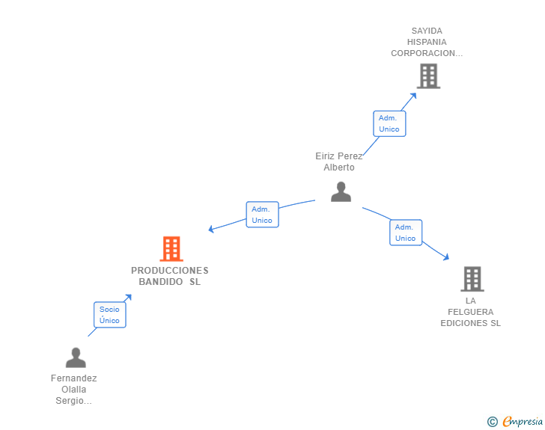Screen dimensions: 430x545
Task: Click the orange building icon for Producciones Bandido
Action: coord(171,249)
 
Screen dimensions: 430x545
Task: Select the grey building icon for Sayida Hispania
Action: coord(428,76)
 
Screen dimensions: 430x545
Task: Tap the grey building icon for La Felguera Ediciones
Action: coord(472,279)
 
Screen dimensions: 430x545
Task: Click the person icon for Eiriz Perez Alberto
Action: coord(341,192)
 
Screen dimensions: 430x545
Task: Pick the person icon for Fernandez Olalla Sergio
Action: coord(76,358)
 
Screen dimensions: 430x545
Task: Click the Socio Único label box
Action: coord(109,315)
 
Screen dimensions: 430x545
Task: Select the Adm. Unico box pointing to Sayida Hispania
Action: coord(389,123)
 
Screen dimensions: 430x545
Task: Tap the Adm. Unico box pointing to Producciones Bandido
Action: coord(262,215)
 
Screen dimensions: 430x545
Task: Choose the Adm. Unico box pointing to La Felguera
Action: coord(405,233)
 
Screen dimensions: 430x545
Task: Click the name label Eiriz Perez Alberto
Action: coord(339,162)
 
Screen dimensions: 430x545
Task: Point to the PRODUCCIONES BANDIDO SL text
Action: coord(170,276)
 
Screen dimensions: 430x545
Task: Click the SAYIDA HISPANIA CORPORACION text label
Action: coord(427,42)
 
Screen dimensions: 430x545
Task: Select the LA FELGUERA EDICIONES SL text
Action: coord(470,312)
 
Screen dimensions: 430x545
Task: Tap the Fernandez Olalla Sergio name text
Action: coord(74,389)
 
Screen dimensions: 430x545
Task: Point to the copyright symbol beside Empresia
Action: coord(493,422)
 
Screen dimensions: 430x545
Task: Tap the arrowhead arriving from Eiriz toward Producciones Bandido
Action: coord(211,230)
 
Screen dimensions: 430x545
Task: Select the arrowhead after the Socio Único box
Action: coord(129,297)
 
